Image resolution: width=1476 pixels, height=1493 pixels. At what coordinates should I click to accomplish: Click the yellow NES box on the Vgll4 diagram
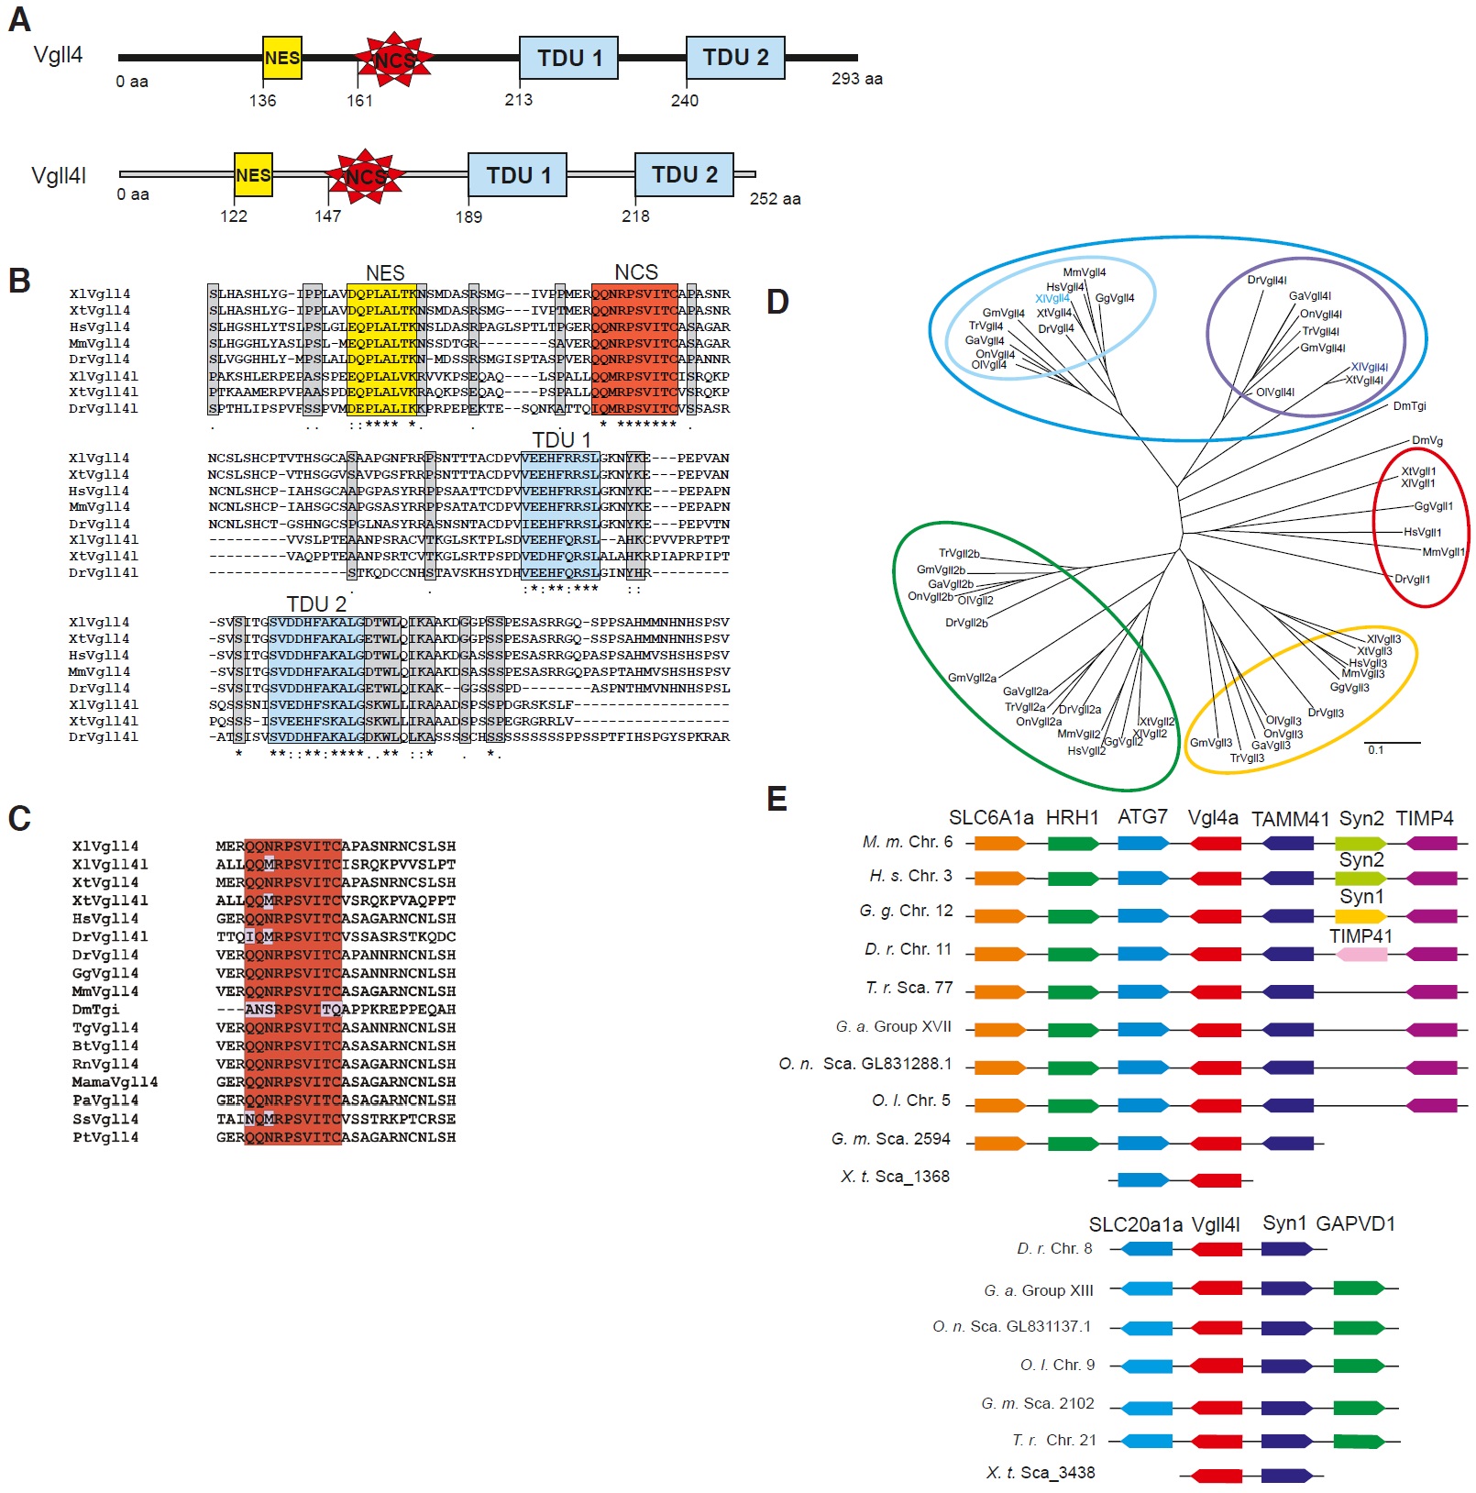pyautogui.click(x=281, y=58)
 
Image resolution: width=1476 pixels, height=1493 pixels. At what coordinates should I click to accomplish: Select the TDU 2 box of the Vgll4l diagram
pyautogui.click(x=684, y=174)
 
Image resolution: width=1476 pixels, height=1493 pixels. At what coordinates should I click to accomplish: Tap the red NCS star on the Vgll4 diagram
pyautogui.click(x=394, y=60)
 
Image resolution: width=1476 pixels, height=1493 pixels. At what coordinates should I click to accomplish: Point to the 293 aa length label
pyautogui.click(x=856, y=79)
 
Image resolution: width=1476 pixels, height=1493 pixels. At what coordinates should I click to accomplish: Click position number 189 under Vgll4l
pyautogui.click(x=468, y=217)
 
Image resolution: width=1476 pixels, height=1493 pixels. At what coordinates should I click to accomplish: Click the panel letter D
pyautogui.click(x=777, y=302)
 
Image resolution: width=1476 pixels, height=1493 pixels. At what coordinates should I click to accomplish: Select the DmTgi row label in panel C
pyautogui.click(x=95, y=1010)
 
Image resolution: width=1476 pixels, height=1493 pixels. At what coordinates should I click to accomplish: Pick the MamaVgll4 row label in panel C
pyautogui.click(x=115, y=1082)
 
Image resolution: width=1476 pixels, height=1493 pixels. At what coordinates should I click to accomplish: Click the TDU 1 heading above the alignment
pyautogui.click(x=561, y=440)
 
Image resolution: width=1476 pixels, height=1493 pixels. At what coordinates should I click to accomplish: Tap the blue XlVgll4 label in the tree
pyautogui.click(x=1052, y=299)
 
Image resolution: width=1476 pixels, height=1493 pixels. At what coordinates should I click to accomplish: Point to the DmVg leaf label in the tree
pyautogui.click(x=1426, y=441)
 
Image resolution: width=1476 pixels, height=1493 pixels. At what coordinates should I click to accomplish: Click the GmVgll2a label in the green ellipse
pyautogui.click(x=972, y=678)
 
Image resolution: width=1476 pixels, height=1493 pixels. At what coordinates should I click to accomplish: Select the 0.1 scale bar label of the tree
pyautogui.click(x=1375, y=750)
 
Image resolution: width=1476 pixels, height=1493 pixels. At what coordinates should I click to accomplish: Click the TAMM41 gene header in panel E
pyautogui.click(x=1290, y=819)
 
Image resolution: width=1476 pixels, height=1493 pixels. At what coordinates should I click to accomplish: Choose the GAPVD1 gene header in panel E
pyautogui.click(x=1355, y=1223)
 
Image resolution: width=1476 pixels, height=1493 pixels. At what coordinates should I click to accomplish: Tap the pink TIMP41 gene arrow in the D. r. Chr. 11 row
pyautogui.click(x=1361, y=955)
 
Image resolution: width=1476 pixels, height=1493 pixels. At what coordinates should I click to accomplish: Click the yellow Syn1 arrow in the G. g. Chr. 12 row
pyautogui.click(x=1361, y=916)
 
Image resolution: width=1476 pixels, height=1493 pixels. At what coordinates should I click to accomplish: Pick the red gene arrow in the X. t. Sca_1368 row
pyautogui.click(x=1216, y=1180)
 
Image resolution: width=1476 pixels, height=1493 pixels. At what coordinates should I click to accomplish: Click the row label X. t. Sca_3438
pyautogui.click(x=1040, y=1473)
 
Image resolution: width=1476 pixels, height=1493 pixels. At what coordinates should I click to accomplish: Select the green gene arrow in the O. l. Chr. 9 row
pyautogui.click(x=1359, y=1366)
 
